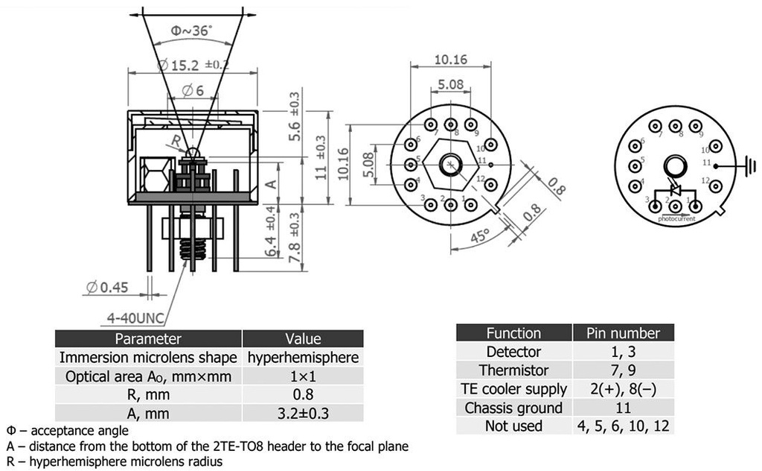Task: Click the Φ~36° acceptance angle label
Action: pyautogui.click(x=191, y=31)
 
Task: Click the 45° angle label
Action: pyautogui.click(x=479, y=237)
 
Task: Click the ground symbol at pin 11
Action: pyautogui.click(x=750, y=165)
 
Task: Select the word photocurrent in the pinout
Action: pyautogui.click(x=676, y=219)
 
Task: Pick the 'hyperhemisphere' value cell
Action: pyautogui.click(x=303, y=358)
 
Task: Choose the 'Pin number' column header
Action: pyautogui.click(x=623, y=333)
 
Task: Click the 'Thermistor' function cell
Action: pyautogui.click(x=513, y=370)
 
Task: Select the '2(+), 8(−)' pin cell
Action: pyautogui.click(x=623, y=389)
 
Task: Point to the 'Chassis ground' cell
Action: pyautogui.click(x=513, y=408)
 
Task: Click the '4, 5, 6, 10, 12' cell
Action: pyautogui.click(x=623, y=426)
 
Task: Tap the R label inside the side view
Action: pyautogui.click(x=176, y=139)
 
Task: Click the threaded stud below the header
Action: pyautogui.click(x=193, y=246)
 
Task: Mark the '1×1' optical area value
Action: pyautogui.click(x=303, y=376)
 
